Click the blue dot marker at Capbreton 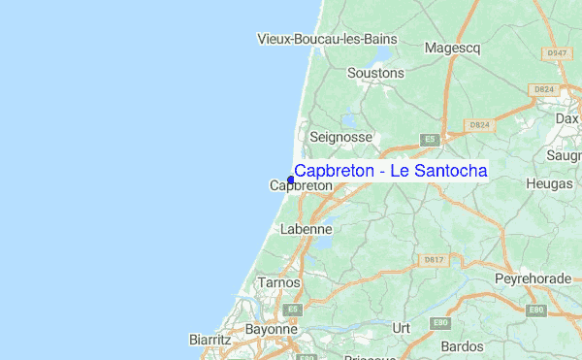point(291,180)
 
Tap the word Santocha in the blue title point(446,171)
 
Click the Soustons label point(376,73)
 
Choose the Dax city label point(566,118)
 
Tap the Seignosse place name point(340,138)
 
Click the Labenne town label point(306,230)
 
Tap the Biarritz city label point(210,340)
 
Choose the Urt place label point(401,328)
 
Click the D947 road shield point(556,53)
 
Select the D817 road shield point(434,260)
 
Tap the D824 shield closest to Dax point(542,90)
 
